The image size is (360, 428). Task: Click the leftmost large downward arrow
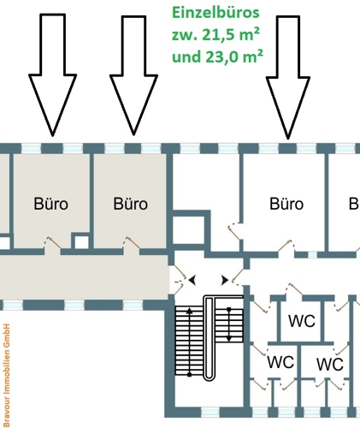(52, 77)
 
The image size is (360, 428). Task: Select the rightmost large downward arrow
(287, 77)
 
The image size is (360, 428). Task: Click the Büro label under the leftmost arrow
(50, 205)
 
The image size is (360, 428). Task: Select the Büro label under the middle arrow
(131, 205)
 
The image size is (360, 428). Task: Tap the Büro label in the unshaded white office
(286, 205)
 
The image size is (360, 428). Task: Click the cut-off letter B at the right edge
(353, 205)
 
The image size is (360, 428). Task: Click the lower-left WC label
(280, 363)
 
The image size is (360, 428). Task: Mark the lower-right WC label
(329, 365)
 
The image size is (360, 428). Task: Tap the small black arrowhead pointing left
(193, 280)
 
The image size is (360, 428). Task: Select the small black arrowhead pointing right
(225, 280)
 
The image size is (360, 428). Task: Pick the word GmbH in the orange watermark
(6, 332)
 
